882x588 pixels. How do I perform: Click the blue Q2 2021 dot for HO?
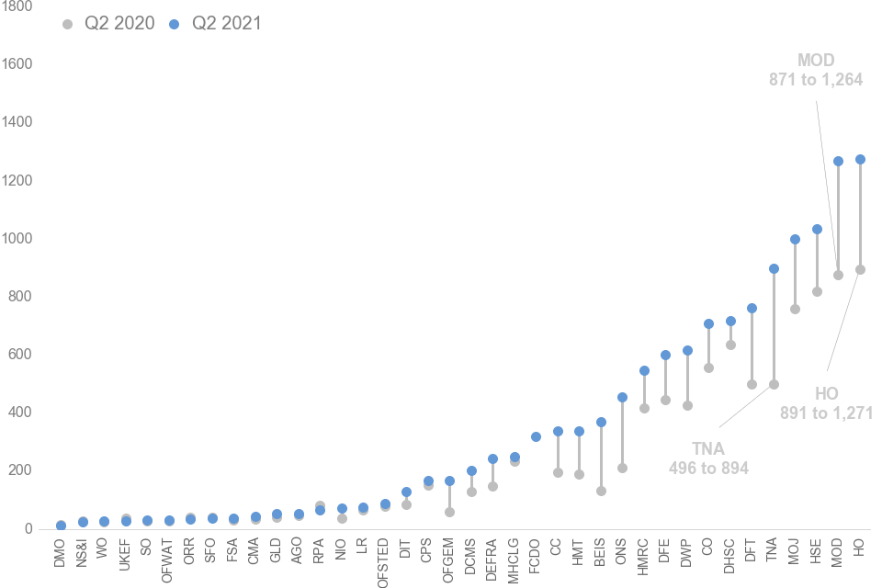coord(860,159)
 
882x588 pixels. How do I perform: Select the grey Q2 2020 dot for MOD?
coord(838,275)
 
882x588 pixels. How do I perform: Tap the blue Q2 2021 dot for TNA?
coord(774,268)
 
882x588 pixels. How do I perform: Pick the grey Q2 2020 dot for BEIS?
coord(601,491)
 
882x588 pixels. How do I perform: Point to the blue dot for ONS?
coord(622,397)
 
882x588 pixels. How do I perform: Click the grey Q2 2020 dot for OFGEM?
coord(449,512)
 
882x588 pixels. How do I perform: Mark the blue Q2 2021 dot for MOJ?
coord(795,239)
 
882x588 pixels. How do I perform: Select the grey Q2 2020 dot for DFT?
coord(752,384)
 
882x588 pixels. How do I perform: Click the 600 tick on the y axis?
coord(21,354)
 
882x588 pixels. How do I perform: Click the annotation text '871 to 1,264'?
coord(816,79)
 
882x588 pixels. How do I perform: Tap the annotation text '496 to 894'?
coord(708,468)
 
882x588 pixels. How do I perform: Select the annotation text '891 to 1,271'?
coord(826,413)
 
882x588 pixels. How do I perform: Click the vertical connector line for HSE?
coord(817,260)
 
